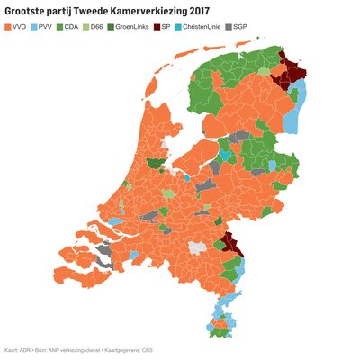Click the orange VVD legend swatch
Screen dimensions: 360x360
(9, 27)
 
